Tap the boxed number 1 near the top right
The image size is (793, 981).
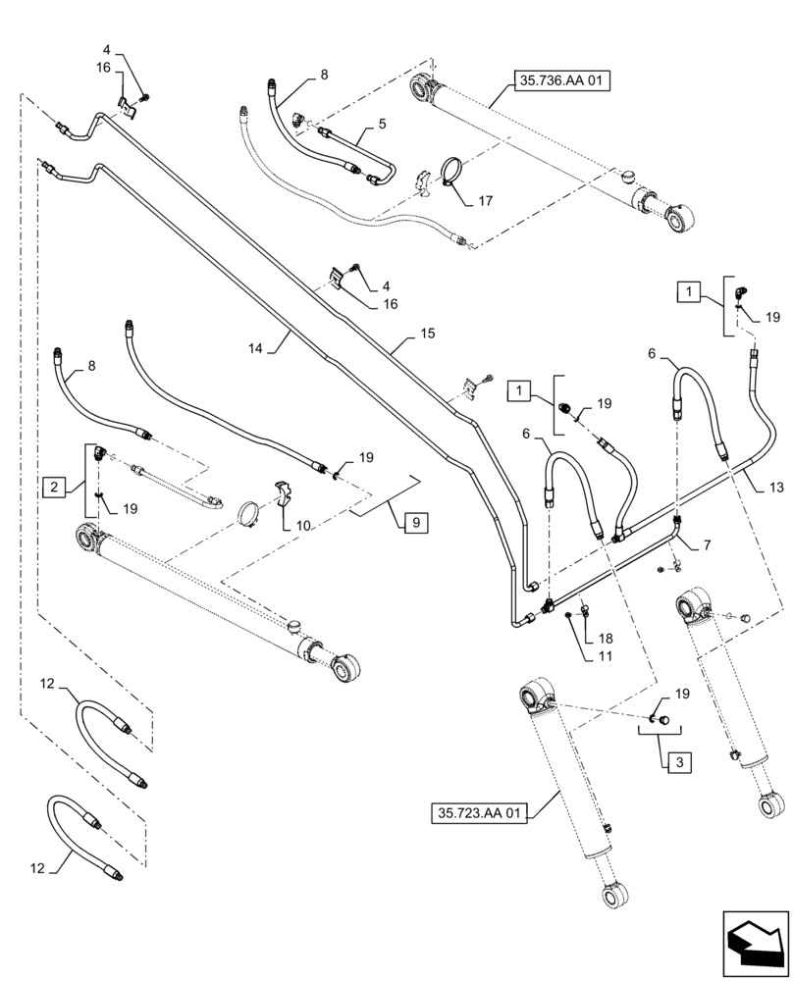[x=690, y=291]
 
